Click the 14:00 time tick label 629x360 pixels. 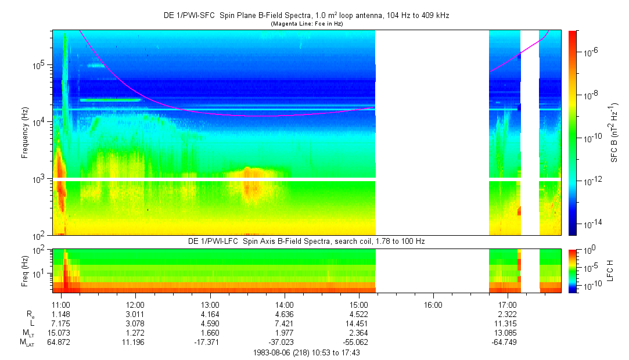click(284, 304)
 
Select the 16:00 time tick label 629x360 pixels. click(433, 304)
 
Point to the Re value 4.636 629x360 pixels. click(284, 314)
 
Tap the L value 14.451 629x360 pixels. click(359, 323)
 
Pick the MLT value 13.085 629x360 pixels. click(508, 333)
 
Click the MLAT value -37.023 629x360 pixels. click(284, 342)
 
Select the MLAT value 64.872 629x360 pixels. click(61, 342)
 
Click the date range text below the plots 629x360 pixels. click(307, 352)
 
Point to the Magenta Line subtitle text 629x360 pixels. click(306, 24)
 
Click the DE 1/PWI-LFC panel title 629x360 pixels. click(306, 241)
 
